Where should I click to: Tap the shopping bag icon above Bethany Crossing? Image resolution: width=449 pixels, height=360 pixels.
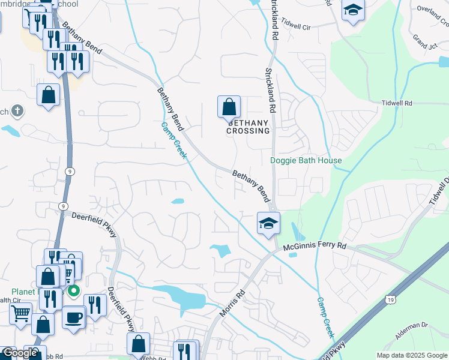[229, 107]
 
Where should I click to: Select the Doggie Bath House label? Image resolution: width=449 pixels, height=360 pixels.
[306, 160]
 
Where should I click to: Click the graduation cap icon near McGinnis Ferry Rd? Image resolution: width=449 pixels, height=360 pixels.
[268, 224]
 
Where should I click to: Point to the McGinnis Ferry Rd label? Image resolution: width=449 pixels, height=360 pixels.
[315, 246]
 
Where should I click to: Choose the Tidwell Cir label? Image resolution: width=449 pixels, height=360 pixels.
[298, 28]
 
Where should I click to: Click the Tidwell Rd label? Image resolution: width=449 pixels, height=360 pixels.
[397, 103]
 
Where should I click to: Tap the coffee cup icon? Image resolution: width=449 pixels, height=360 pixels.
[74, 317]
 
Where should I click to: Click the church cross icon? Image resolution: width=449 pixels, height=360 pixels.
[18, 110]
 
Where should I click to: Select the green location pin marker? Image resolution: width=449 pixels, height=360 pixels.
[74, 292]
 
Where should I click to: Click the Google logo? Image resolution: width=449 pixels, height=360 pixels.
[20, 353]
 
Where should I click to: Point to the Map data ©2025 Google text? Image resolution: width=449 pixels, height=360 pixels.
[412, 355]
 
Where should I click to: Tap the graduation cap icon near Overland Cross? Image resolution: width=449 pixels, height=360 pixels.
[353, 11]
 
